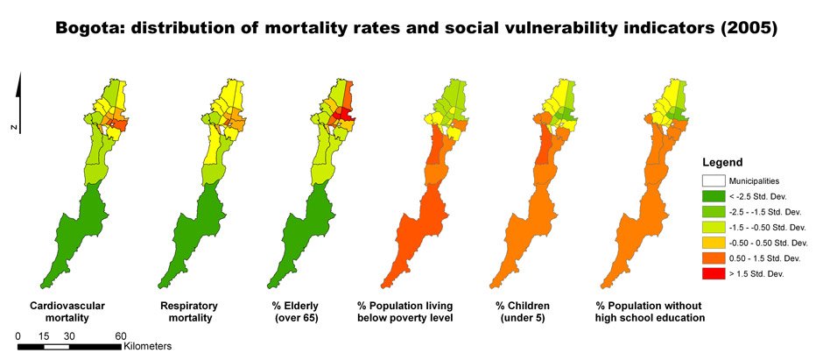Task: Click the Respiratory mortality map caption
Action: [x=188, y=310]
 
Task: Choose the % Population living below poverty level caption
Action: [x=404, y=310]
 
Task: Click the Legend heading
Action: [x=722, y=163]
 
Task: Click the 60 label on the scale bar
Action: [x=121, y=336]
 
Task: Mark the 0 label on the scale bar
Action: [x=18, y=336]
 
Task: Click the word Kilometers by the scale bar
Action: [x=147, y=347]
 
